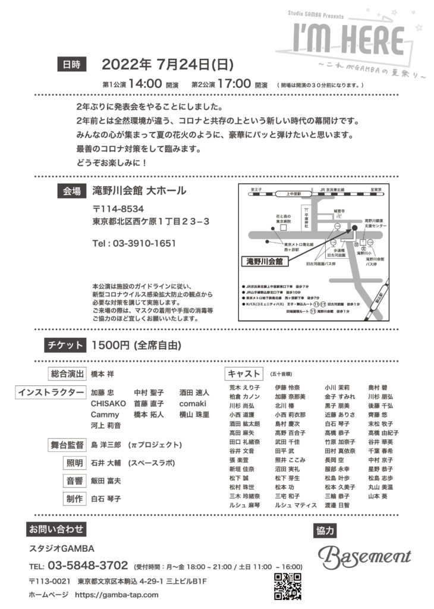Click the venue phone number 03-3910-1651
(134, 243)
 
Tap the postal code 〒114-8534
(118, 209)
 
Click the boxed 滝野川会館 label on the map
(266, 260)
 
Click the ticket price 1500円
(111, 345)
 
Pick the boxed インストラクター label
(52, 393)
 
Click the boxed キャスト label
(244, 374)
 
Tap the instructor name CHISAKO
(108, 403)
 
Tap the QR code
(287, 585)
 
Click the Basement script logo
(364, 556)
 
